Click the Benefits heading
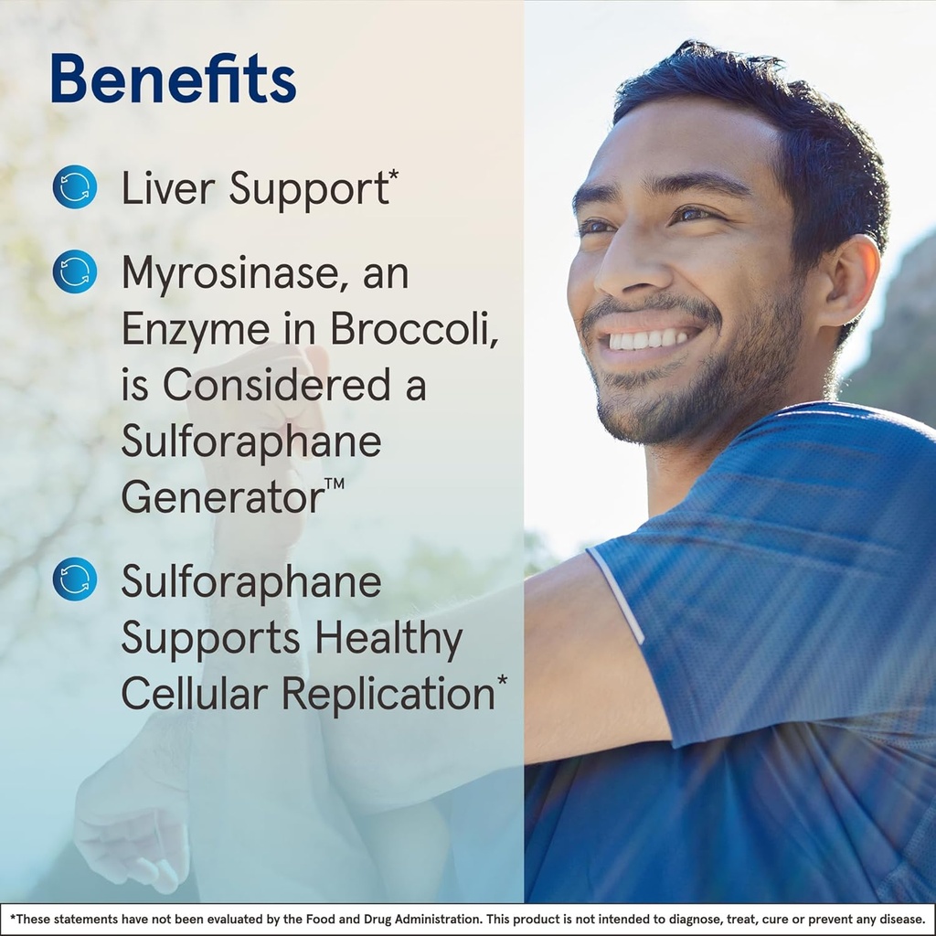tap(174, 79)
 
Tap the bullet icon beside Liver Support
tap(75, 187)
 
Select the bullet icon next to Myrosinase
tap(75, 271)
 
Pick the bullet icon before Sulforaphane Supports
tap(75, 579)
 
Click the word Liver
tap(168, 188)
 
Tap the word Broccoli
tap(414, 330)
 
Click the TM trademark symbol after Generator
tap(335, 484)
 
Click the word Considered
tap(272, 386)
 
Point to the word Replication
tap(387, 695)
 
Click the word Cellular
tap(194, 694)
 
